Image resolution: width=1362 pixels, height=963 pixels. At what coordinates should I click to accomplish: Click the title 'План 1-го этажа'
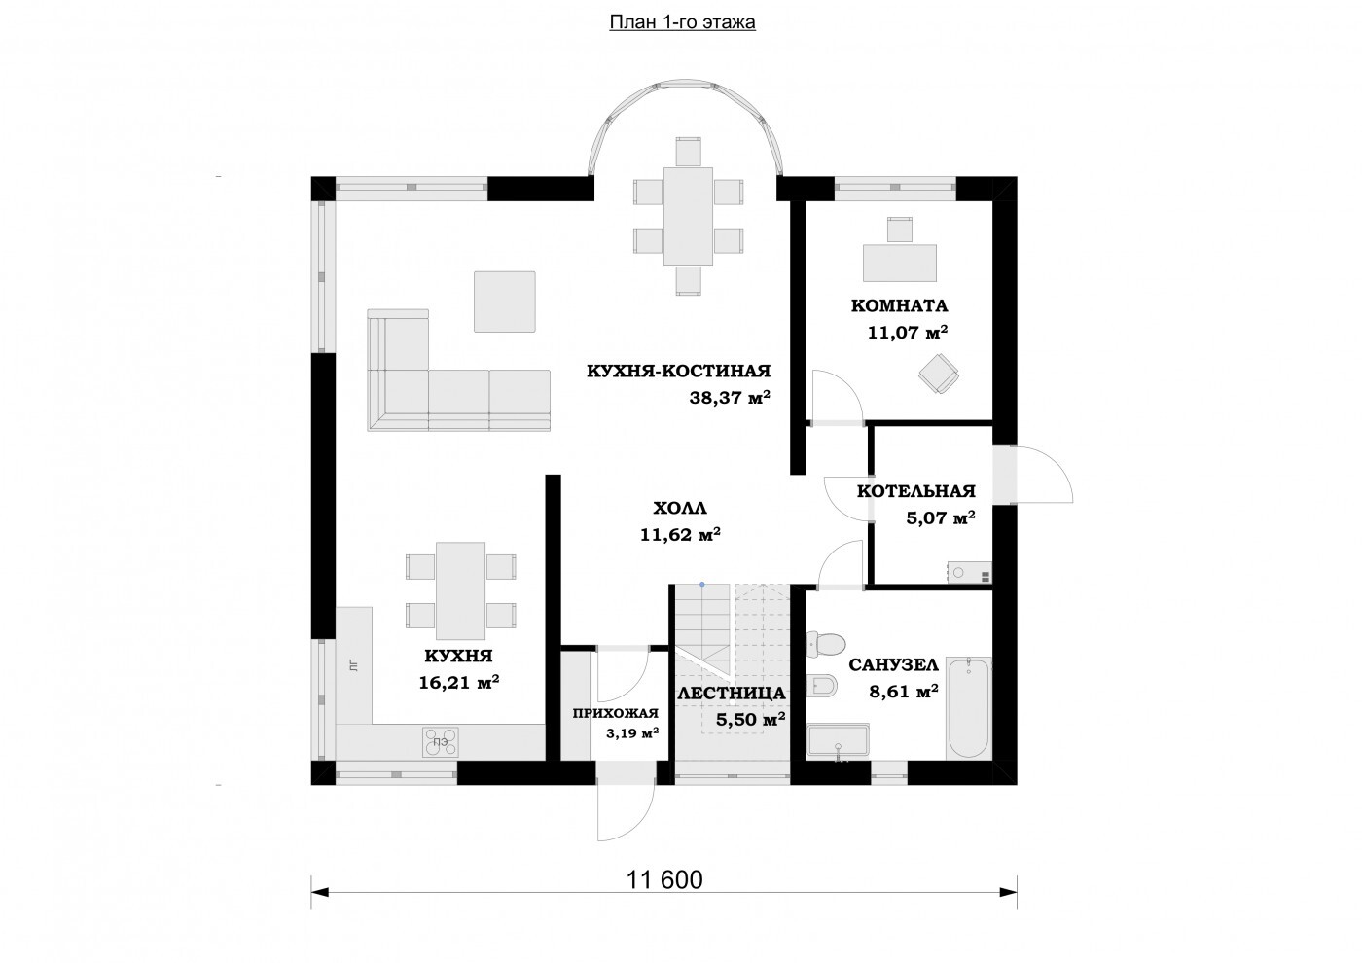(x=682, y=22)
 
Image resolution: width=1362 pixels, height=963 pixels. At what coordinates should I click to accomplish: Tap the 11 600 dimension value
(x=663, y=879)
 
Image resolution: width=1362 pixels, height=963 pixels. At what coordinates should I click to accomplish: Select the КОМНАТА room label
(x=899, y=305)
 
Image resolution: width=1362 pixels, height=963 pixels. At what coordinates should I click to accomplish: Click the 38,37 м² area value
(x=730, y=398)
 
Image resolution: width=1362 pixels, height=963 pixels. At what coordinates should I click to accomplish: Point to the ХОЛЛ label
(x=680, y=508)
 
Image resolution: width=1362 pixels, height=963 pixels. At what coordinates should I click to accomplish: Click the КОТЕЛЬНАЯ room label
(x=916, y=490)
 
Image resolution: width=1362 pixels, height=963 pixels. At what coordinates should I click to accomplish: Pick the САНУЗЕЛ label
(x=894, y=665)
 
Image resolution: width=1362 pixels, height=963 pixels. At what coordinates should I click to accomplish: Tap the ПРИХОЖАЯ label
(x=615, y=713)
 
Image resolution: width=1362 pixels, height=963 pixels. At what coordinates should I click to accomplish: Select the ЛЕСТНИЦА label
(x=732, y=693)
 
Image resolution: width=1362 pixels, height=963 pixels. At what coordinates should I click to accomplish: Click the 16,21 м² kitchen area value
(x=459, y=682)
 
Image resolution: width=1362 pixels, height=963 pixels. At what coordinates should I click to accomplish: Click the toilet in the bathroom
(x=826, y=643)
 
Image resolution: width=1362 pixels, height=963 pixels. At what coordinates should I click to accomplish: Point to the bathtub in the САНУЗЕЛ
(x=969, y=707)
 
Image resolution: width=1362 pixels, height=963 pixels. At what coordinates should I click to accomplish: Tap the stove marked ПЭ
(x=441, y=741)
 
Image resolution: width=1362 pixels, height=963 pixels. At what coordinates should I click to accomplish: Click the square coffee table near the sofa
(x=505, y=303)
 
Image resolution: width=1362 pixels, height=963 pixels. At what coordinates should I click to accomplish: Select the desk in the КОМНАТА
(x=900, y=263)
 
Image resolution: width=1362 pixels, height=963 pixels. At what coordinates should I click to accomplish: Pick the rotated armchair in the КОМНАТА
(x=939, y=373)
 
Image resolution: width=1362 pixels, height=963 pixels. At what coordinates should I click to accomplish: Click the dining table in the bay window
(x=688, y=216)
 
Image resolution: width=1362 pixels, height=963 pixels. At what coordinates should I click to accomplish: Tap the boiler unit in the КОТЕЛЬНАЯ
(x=969, y=573)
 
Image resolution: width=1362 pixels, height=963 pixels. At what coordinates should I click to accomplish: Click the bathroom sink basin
(x=838, y=740)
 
